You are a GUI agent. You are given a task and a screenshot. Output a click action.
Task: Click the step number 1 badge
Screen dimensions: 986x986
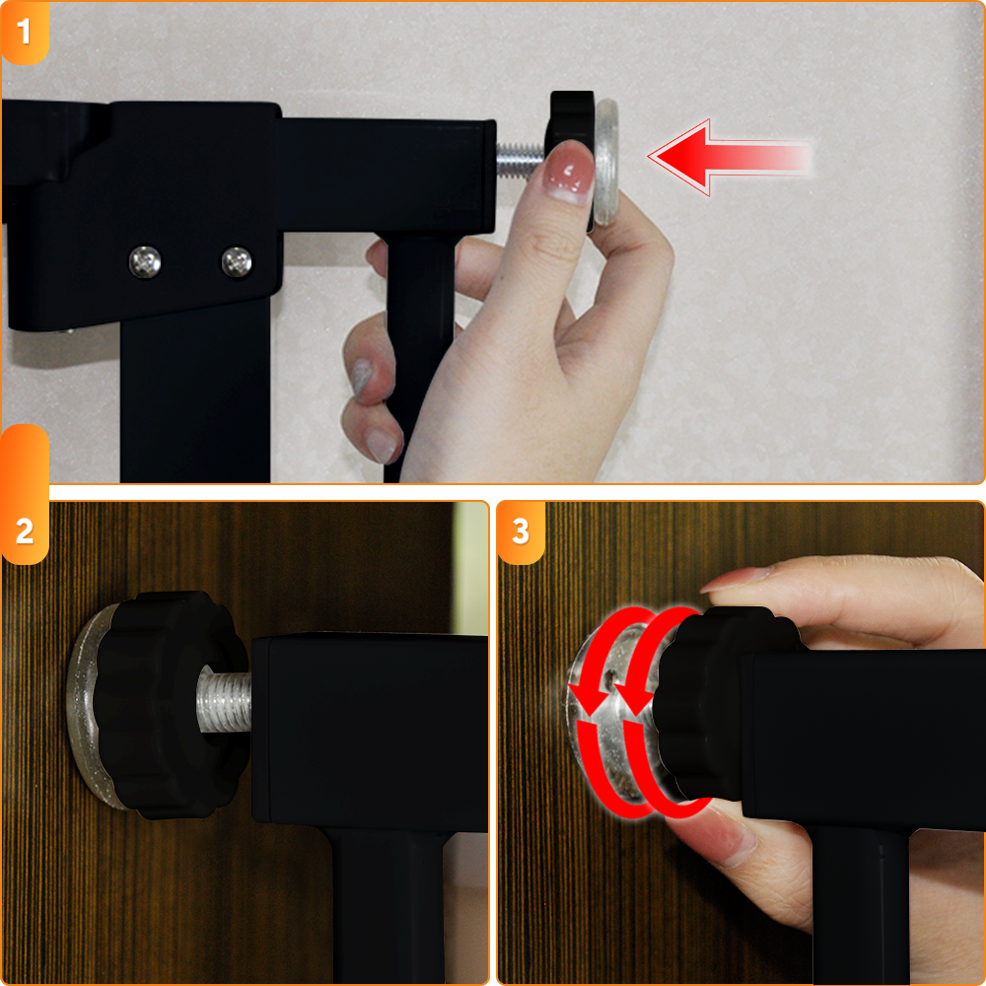[25, 33]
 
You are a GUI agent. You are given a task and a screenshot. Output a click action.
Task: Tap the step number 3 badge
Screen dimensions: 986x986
[521, 532]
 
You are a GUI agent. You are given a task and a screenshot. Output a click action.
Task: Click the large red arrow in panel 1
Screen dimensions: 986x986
[730, 157]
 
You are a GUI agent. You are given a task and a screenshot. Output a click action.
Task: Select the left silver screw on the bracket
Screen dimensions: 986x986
[145, 262]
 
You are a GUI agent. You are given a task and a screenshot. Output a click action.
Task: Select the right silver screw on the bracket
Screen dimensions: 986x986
[237, 262]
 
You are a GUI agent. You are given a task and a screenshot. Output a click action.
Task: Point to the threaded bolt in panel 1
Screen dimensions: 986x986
[520, 160]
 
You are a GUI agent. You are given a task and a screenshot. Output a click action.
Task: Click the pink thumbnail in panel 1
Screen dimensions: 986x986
[569, 171]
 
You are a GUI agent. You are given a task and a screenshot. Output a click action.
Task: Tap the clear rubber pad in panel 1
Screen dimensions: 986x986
[606, 163]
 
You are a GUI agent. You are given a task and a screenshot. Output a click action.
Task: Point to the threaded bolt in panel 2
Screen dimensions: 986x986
[225, 700]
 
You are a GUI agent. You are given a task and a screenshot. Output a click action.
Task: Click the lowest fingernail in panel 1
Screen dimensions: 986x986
[383, 446]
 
